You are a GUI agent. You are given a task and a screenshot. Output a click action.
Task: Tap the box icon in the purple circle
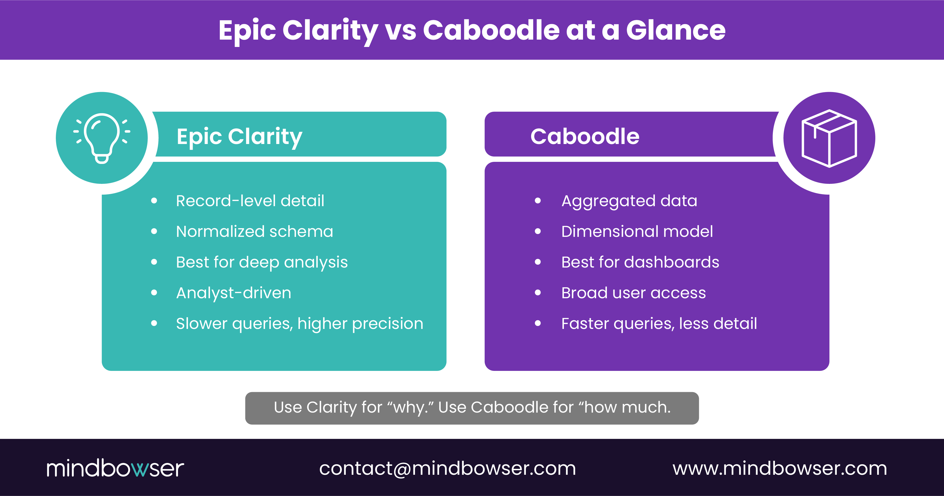click(x=829, y=138)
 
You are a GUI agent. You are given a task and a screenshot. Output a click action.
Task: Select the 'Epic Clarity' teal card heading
click(x=239, y=136)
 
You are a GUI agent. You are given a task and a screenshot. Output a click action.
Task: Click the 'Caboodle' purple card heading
click(x=585, y=136)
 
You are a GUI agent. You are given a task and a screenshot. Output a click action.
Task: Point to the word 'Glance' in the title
click(x=675, y=30)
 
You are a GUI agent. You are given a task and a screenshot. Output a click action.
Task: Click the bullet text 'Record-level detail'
click(x=250, y=201)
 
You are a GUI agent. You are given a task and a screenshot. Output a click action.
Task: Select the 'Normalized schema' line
click(x=254, y=232)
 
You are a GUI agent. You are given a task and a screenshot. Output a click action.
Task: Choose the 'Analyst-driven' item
click(x=233, y=293)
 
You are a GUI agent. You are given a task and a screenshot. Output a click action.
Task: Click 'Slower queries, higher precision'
click(x=299, y=324)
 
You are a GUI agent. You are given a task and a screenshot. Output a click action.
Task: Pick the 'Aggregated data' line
click(x=629, y=201)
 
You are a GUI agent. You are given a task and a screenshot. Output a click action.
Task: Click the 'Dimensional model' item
click(x=637, y=232)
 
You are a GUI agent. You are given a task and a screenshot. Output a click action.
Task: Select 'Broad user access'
click(x=634, y=293)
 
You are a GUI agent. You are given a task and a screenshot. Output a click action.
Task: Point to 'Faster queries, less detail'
click(x=659, y=324)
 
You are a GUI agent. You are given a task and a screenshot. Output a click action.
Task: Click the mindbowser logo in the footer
click(x=115, y=468)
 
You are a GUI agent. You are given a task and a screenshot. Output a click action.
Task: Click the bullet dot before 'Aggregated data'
click(x=538, y=201)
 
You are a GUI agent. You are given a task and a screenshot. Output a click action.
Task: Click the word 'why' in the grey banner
click(x=409, y=408)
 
